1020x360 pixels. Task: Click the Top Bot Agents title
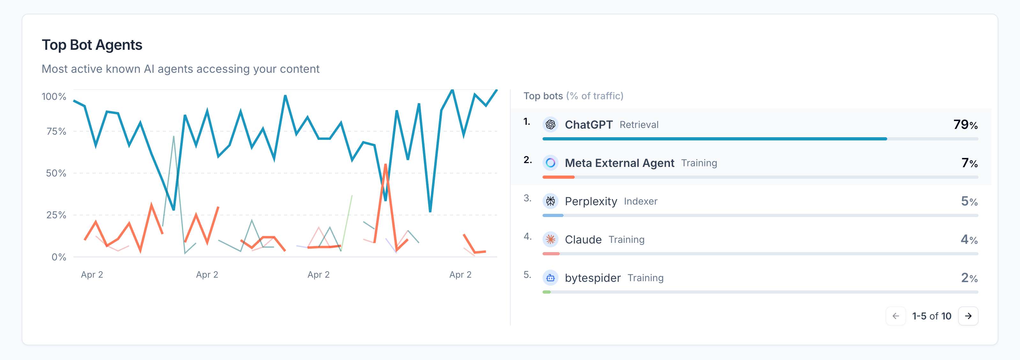(x=92, y=45)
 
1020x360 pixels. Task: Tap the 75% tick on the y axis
(x=56, y=131)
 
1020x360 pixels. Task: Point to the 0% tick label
(x=59, y=257)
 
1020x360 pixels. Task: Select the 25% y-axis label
(x=56, y=215)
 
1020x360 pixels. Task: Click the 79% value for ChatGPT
(x=965, y=125)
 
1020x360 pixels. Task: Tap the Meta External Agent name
(x=619, y=163)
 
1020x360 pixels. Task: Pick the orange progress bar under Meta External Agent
(x=558, y=177)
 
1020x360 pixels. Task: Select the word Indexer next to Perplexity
(x=640, y=201)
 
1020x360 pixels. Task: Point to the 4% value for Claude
(x=969, y=239)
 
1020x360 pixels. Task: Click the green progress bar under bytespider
(x=547, y=292)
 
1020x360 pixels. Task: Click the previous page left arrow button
(x=896, y=316)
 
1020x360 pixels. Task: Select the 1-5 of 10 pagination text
(x=931, y=316)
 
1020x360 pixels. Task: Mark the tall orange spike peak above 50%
(x=385, y=165)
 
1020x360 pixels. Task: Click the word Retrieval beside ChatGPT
(x=639, y=125)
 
